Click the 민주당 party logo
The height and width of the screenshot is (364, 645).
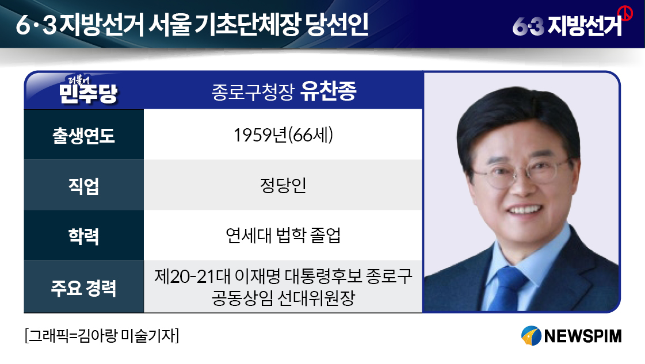click(x=88, y=90)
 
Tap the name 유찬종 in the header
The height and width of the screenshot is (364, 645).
click(x=329, y=91)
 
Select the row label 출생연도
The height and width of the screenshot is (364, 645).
click(x=83, y=135)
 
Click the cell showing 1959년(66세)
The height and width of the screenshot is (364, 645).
click(x=283, y=135)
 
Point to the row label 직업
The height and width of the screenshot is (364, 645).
click(x=83, y=186)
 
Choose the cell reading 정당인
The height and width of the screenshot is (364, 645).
click(x=283, y=185)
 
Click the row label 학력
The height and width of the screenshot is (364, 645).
click(x=83, y=236)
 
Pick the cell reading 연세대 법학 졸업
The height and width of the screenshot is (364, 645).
click(x=283, y=235)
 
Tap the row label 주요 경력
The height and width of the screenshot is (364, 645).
click(x=83, y=288)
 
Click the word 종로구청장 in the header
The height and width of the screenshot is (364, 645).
click(x=253, y=92)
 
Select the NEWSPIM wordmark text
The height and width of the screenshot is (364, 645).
click(x=582, y=336)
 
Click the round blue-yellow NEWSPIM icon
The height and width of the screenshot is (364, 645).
click(x=531, y=336)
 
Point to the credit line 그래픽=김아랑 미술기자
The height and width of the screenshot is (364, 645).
click(x=102, y=336)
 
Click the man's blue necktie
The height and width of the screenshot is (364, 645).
click(x=507, y=288)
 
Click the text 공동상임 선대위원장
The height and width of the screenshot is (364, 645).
click(x=283, y=298)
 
